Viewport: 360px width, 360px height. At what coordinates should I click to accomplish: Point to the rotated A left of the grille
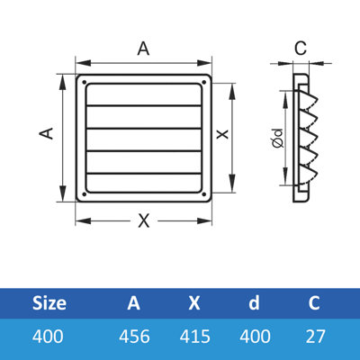point(48,131)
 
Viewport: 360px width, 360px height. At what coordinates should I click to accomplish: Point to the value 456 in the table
point(133,337)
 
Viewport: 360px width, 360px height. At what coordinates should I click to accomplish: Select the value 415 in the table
point(194,337)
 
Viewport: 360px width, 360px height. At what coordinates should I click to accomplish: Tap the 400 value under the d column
point(254,337)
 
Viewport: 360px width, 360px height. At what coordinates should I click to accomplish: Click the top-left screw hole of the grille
point(85,83)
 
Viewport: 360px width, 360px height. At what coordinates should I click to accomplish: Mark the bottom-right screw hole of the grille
point(205,193)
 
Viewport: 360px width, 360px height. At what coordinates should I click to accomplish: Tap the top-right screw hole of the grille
point(205,83)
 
